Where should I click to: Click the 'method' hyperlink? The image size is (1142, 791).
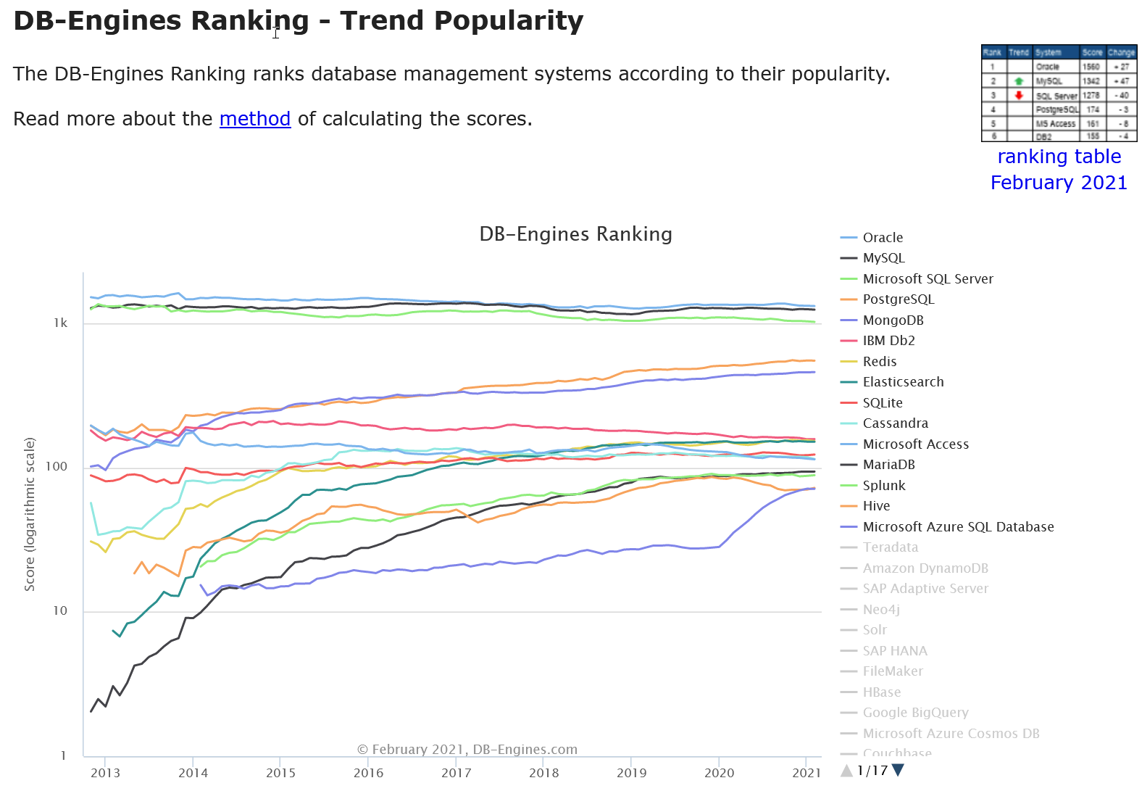(255, 119)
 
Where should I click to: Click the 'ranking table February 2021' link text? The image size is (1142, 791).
(1059, 170)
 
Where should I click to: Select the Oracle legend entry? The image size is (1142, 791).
(883, 238)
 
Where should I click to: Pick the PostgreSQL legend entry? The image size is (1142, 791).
(898, 299)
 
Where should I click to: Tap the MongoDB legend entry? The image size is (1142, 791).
(893, 320)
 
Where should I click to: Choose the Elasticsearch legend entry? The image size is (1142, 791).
(903, 382)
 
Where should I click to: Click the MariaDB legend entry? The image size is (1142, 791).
(888, 465)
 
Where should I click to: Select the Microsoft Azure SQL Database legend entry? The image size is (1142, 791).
(958, 527)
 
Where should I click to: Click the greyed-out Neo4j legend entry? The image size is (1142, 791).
(881, 610)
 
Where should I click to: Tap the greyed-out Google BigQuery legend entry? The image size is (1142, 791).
(915, 713)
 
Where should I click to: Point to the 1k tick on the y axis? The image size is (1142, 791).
(61, 323)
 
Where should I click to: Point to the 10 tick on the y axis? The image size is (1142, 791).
(60, 611)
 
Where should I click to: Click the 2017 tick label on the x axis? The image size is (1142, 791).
(457, 773)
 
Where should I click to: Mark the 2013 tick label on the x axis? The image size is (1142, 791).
(106, 773)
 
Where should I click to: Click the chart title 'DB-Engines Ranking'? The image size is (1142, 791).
(575, 234)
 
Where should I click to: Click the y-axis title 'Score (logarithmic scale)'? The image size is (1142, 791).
(30, 514)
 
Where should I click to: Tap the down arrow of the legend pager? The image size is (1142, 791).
(899, 770)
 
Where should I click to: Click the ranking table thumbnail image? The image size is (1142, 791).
(1059, 93)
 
